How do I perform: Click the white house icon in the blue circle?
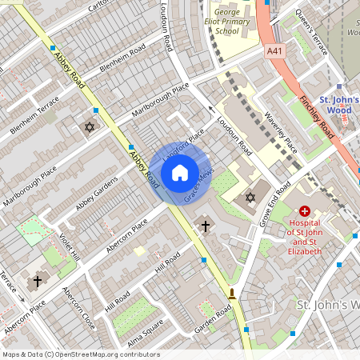(x=180, y=173)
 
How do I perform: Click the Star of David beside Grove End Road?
(x=250, y=197)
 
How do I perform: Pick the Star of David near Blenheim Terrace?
(x=90, y=127)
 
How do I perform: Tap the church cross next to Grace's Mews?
(x=205, y=226)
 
